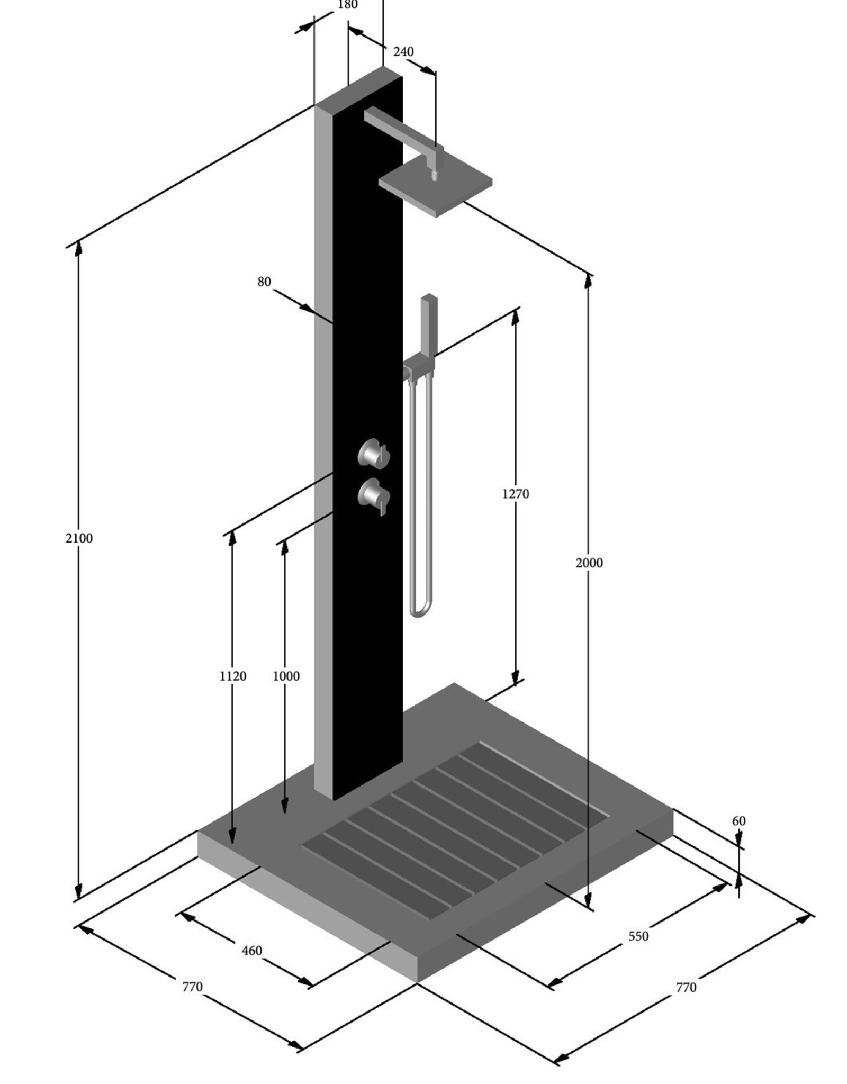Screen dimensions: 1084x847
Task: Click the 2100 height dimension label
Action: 79,538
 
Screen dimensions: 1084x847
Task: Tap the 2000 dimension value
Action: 589,563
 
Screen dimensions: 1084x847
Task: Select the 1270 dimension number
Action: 515,494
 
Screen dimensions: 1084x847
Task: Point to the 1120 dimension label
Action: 233,676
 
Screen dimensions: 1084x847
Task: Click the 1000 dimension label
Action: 286,676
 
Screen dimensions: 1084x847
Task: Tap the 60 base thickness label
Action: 738,821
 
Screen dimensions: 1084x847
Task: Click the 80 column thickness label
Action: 264,282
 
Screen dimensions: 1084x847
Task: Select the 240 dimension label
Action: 403,52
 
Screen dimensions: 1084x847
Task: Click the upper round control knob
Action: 373,454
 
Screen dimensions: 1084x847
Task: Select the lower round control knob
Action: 373,495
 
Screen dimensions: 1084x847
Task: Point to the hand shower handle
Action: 429,323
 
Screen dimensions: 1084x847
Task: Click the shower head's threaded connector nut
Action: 435,175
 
